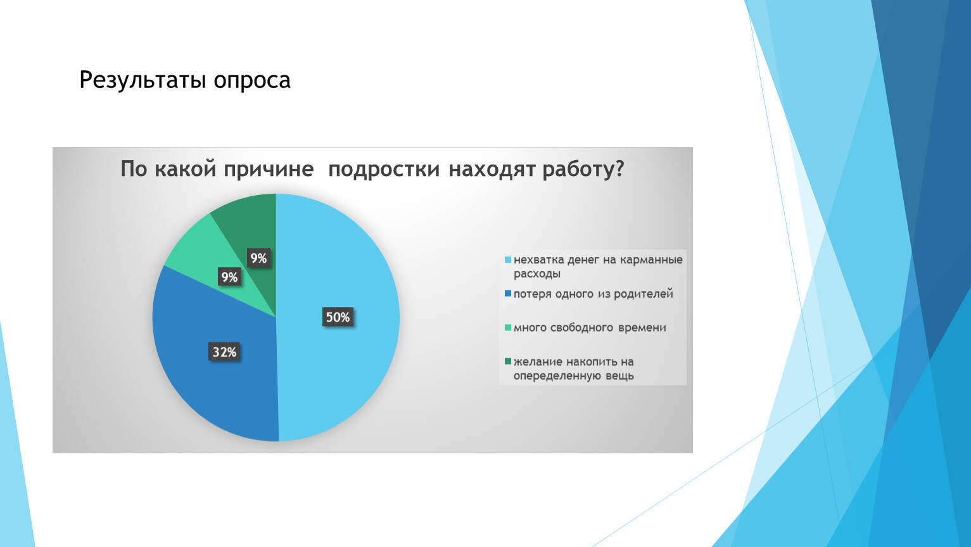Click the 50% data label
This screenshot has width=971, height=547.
click(338, 317)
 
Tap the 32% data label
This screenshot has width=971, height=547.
click(224, 351)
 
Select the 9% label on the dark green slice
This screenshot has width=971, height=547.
click(259, 258)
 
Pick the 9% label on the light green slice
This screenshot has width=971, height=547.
click(229, 277)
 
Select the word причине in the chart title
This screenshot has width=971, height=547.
click(269, 170)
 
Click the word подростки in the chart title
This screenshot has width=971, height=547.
click(384, 170)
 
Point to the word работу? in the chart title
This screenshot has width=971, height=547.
click(583, 168)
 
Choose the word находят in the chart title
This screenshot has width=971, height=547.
click(491, 169)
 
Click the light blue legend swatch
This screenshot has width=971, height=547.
click(508, 260)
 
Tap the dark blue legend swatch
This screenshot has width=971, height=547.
click(508, 293)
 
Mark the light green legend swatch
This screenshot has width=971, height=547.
click(508, 327)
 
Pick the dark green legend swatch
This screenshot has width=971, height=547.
click(508, 361)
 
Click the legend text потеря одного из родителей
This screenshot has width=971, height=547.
click(593, 294)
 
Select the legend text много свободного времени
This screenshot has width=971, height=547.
click(590, 328)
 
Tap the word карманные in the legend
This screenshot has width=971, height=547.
click(651, 260)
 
